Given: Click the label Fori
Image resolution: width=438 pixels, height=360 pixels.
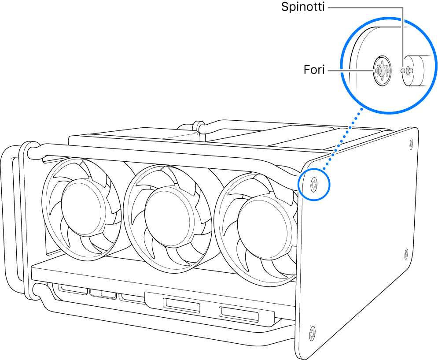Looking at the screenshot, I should click(314, 70).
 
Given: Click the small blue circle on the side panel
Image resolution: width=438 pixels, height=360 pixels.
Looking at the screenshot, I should click(313, 183).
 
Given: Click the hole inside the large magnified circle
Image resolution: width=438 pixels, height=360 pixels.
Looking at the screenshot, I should click(380, 71).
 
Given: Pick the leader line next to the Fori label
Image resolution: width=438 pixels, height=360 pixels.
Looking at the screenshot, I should click(350, 70).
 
